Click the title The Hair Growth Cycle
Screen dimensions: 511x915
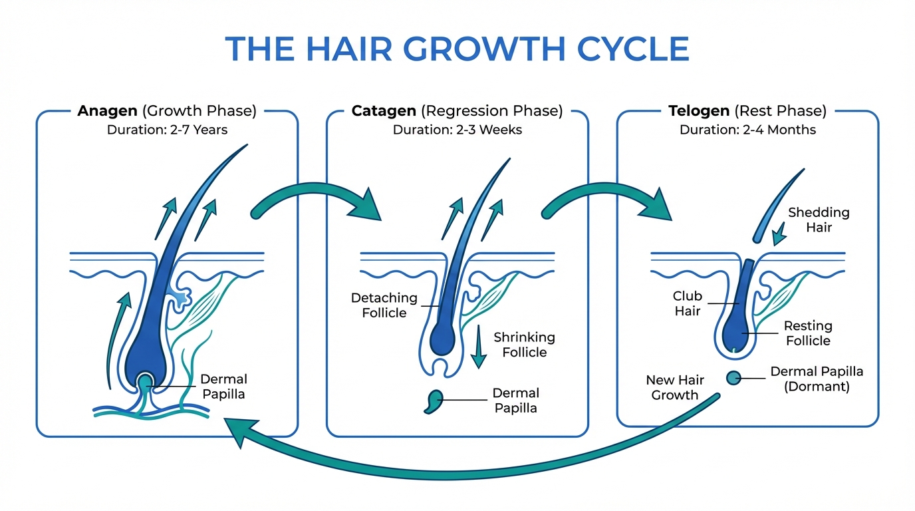(457, 49)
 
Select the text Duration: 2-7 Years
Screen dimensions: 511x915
(167, 130)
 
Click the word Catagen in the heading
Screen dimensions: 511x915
(384, 110)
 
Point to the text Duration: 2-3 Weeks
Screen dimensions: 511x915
(457, 130)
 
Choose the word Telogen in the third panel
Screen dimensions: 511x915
(699, 110)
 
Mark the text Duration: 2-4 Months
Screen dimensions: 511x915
(747, 130)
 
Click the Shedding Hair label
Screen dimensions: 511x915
(819, 220)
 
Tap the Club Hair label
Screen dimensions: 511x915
(687, 303)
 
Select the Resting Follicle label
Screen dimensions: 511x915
(808, 333)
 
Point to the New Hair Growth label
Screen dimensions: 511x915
(674, 387)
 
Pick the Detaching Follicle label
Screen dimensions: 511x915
(384, 305)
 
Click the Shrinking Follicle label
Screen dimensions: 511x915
(524, 345)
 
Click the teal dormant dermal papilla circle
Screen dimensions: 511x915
(734, 378)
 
